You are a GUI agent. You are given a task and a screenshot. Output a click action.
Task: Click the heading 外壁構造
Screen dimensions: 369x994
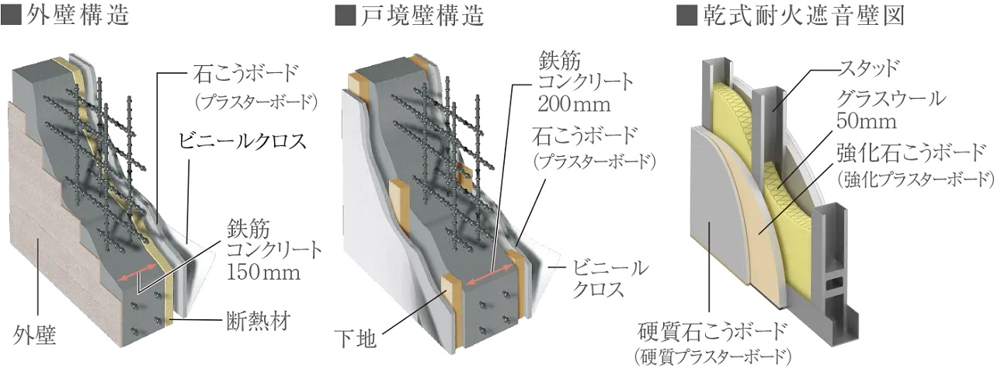[78, 15]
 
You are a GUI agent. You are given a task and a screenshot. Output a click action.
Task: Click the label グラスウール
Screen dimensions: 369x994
[893, 99]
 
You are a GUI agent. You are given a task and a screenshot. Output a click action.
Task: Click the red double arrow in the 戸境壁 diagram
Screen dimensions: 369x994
[491, 277]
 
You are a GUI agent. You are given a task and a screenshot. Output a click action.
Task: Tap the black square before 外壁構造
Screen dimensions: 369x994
[12, 16]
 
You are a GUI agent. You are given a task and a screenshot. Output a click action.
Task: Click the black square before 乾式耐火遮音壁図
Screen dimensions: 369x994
[686, 16]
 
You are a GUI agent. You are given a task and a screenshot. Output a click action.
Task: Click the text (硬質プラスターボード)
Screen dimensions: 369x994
[713, 357]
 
